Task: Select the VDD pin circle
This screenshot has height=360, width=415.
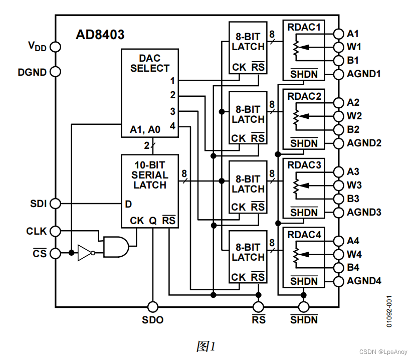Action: [x=55, y=47]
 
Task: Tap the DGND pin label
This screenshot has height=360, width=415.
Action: [x=32, y=72]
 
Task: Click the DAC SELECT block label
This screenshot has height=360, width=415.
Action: [x=150, y=63]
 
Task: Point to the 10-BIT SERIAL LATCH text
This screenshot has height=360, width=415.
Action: [x=150, y=174]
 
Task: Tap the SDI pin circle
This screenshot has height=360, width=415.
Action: [x=55, y=204]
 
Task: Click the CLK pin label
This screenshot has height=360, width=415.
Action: [x=36, y=231]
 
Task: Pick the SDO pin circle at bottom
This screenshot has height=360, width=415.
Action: [x=152, y=306]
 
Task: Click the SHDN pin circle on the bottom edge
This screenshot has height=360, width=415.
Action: [x=304, y=306]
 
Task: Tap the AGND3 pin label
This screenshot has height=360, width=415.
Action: [x=364, y=213]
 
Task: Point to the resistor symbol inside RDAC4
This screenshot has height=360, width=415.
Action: [x=295, y=255]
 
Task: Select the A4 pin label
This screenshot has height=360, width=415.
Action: [x=353, y=241]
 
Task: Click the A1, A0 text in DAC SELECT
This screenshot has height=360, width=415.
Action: [x=145, y=129]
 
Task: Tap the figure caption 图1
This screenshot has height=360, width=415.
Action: [x=206, y=346]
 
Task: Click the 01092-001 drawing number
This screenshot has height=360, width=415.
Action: [x=389, y=311]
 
